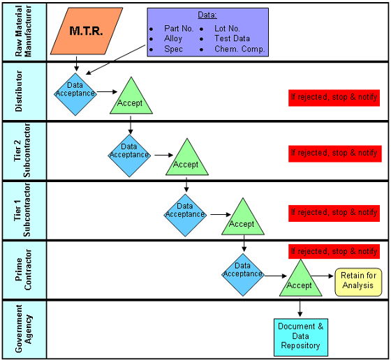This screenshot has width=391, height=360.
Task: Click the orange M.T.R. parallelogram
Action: (87, 31)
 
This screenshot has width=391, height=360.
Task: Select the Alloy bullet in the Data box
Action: (173, 38)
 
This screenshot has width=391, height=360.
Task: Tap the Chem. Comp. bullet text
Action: (239, 49)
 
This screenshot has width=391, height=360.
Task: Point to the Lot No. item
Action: (227, 29)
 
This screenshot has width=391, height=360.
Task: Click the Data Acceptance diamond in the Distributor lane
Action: (75, 94)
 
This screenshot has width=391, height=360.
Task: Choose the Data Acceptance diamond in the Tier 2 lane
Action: (129, 156)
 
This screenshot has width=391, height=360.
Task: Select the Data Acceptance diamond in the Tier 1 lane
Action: (185, 216)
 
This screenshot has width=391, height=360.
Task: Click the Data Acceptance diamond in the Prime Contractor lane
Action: (243, 275)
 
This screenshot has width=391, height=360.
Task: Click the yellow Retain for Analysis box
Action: (358, 283)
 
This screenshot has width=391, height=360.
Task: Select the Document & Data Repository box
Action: (301, 338)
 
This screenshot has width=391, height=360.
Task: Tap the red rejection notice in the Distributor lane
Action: (334, 98)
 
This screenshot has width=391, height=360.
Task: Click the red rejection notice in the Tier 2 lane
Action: (335, 153)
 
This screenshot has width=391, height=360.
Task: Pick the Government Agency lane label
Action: (24, 329)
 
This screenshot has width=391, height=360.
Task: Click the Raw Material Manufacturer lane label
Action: (24, 31)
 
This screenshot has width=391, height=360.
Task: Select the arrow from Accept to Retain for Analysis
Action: (323, 276)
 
